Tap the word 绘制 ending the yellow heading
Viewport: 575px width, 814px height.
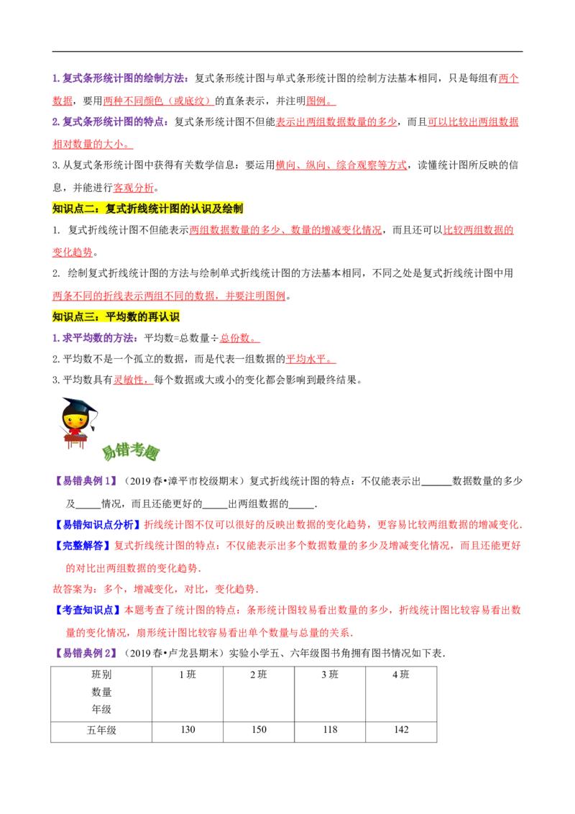[233, 209]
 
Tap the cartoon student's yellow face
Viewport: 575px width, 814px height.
[75, 419]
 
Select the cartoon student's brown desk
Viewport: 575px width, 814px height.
[75, 440]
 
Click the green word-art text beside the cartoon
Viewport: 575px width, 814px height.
[131, 452]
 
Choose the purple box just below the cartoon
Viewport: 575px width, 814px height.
[86, 480]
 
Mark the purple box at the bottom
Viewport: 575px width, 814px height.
[86, 653]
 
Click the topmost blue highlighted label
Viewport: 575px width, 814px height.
[98, 524]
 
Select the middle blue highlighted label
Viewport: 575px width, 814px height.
[83, 545]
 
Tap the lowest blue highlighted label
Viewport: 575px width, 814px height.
[88, 610]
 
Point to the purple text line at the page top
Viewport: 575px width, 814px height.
[121, 78]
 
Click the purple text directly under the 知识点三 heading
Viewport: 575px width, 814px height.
[94, 338]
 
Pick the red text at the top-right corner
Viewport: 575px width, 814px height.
[510, 78]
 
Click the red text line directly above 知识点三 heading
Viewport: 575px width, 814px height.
[169, 296]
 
